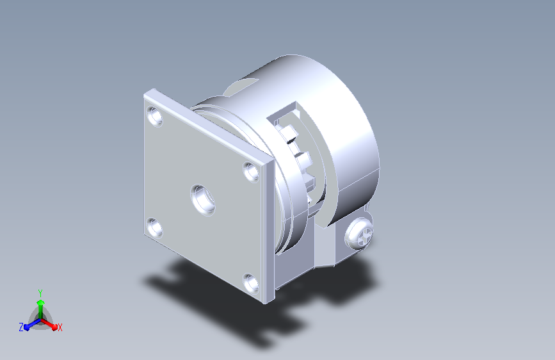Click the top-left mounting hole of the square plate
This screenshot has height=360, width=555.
pos(155,116)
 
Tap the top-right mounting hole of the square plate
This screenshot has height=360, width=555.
pos(252,172)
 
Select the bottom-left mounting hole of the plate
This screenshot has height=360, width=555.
pos(155,227)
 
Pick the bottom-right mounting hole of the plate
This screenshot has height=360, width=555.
pos(251,283)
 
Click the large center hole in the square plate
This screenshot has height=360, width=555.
pos(203,199)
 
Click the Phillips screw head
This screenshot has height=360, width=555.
pos(359,234)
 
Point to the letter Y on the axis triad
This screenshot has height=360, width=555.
pos(40,293)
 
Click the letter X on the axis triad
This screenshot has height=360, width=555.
pos(60,327)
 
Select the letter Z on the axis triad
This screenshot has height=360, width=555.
pos(21,327)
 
